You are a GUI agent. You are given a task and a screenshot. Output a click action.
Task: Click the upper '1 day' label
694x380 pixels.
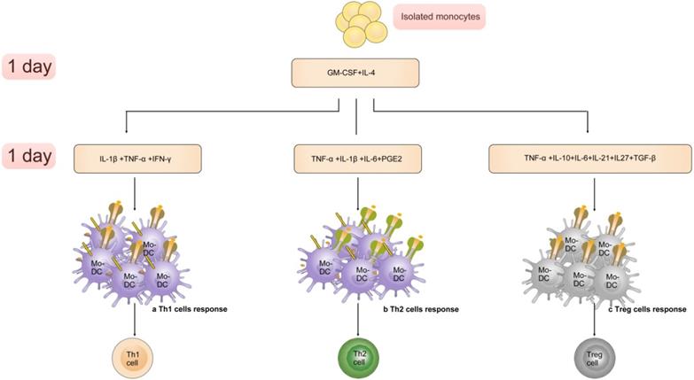[28, 67]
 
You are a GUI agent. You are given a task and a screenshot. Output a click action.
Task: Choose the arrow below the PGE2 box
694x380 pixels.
[357, 190]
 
